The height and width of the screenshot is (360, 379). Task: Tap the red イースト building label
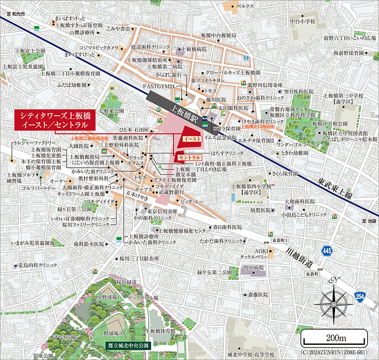point(191,139)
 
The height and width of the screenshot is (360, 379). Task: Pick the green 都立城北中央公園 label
point(128,345)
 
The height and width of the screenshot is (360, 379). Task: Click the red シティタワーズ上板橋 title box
point(54,120)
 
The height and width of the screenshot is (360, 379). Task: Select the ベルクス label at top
point(245,6)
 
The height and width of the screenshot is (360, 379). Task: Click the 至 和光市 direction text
point(16,14)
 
